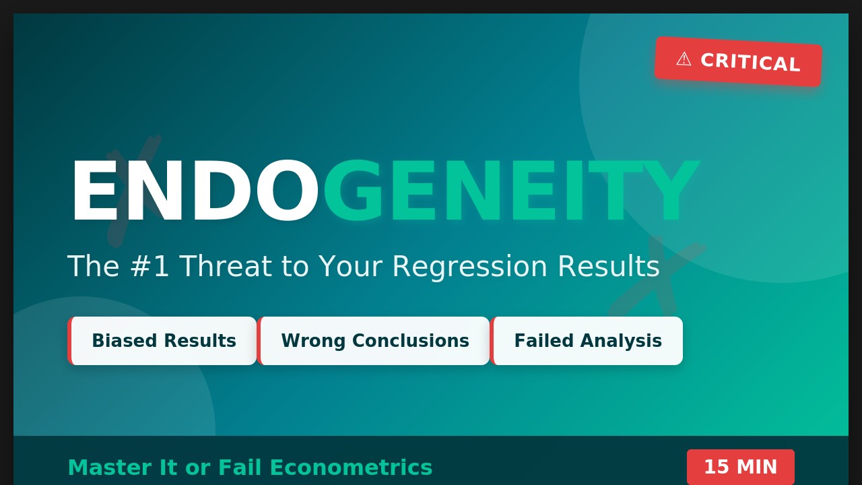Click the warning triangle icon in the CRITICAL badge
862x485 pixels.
(684, 59)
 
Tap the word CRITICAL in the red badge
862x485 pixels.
(750, 63)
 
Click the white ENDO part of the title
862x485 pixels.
(195, 190)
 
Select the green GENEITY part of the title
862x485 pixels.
(511, 190)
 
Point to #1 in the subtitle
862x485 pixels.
(150, 266)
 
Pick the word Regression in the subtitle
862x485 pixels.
(470, 267)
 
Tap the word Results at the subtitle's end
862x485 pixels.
(609, 266)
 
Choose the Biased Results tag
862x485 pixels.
(162, 341)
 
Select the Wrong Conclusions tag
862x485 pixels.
(373, 341)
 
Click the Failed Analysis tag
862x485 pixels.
(587, 341)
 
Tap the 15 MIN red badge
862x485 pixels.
(741, 467)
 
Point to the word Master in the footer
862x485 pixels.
(110, 467)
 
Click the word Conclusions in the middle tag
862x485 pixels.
(411, 341)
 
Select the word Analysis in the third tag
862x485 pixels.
(621, 341)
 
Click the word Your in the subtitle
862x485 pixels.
(351, 266)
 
